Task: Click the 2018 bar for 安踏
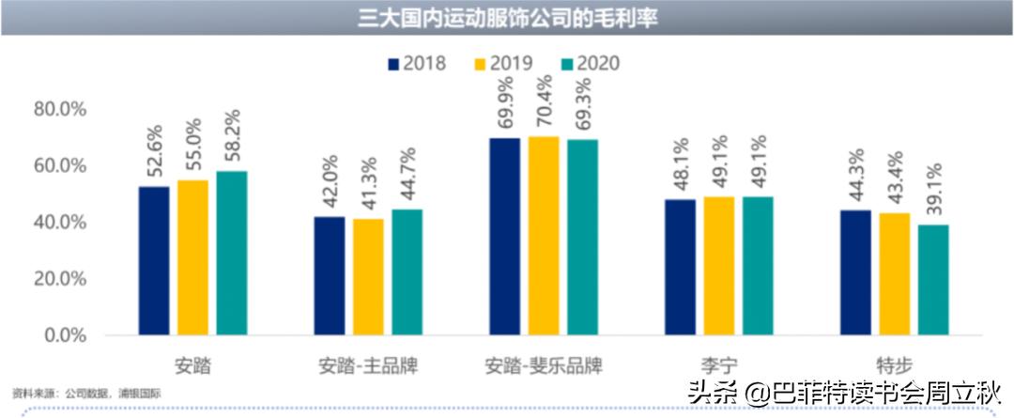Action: [x=154, y=260]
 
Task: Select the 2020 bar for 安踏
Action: [x=232, y=253]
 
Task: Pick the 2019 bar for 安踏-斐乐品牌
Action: [x=544, y=236]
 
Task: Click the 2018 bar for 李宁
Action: [x=680, y=267]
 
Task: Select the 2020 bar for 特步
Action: [x=933, y=280]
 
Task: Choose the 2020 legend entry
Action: [x=590, y=64]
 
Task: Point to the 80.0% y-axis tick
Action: [x=59, y=109]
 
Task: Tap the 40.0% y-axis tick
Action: [x=59, y=223]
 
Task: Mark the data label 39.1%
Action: [x=934, y=193]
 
